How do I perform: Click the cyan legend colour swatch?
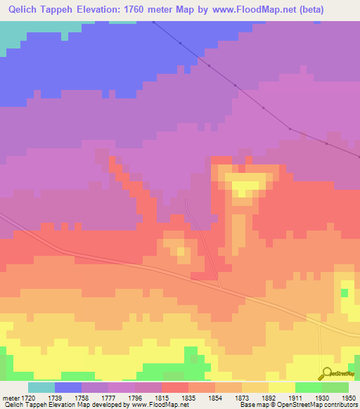coord(41,387)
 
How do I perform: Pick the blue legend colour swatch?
coord(68,387)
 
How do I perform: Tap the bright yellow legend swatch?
coord(282,387)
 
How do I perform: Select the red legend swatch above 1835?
coord(175,387)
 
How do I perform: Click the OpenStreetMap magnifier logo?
coord(326,374)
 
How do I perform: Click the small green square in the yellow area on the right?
coord(345,292)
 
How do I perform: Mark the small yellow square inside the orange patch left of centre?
coord(181,250)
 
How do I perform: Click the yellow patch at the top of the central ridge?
coord(245,188)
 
